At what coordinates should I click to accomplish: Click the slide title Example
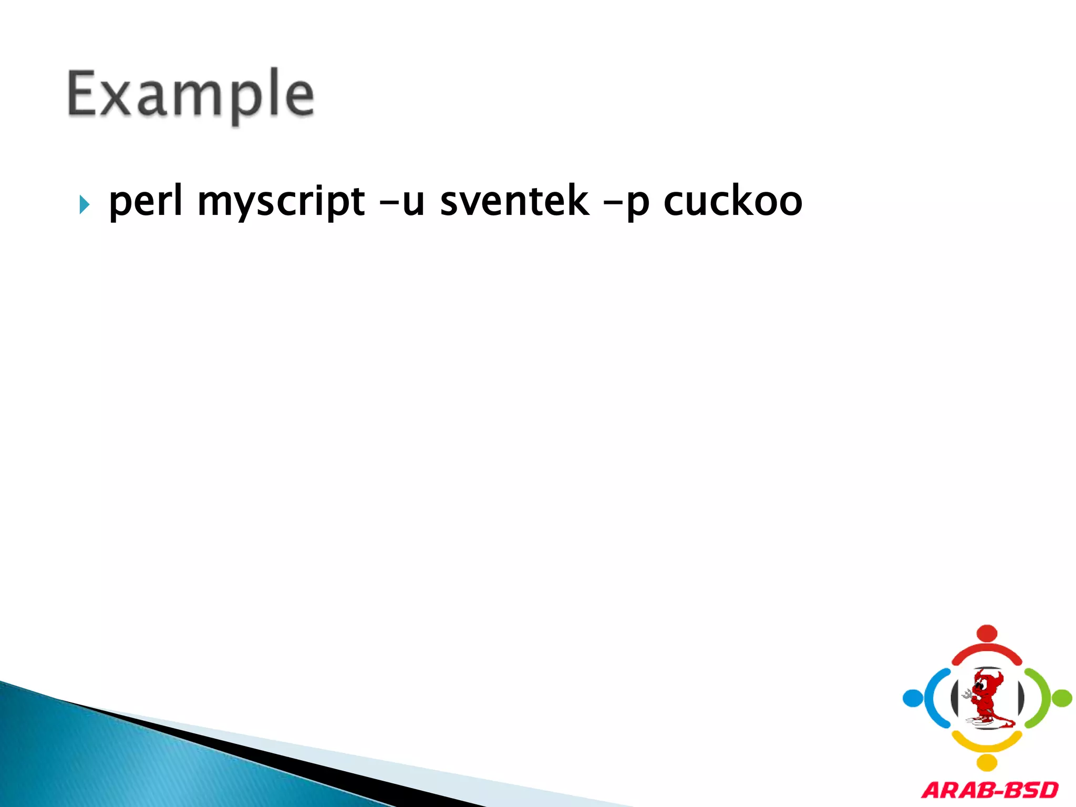pyautogui.click(x=190, y=95)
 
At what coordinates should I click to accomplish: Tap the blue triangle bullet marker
pyautogui.click(x=84, y=204)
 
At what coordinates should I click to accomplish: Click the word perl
pyautogui.click(x=146, y=201)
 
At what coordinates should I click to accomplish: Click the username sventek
pyautogui.click(x=514, y=201)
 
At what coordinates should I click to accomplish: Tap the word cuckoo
pyautogui.click(x=733, y=201)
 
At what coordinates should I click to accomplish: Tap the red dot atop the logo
pyautogui.click(x=987, y=633)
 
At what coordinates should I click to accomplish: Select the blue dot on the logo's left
pyautogui.click(x=913, y=698)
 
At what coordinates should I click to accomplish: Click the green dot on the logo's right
pyautogui.click(x=1062, y=698)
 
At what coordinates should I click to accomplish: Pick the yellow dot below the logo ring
pyautogui.click(x=987, y=762)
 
